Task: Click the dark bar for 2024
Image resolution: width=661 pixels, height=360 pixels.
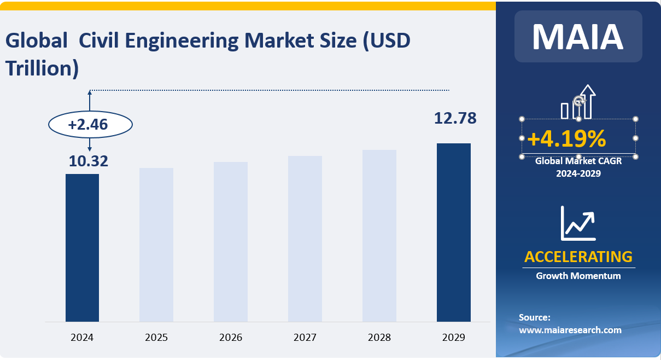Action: click(82, 247)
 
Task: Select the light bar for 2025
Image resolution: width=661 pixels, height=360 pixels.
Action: click(156, 245)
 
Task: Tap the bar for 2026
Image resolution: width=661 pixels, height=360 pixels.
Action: click(231, 241)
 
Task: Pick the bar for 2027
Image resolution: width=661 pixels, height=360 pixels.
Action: click(305, 239)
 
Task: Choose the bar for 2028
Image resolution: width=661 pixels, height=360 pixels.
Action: click(379, 235)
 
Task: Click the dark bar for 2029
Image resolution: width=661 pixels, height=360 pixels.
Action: click(454, 232)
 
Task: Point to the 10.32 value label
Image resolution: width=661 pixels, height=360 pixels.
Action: click(89, 161)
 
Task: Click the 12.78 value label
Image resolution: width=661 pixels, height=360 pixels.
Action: click(455, 118)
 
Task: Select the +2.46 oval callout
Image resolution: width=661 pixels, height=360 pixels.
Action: click(91, 125)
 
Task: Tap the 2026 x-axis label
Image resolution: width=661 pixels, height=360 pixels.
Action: click(231, 338)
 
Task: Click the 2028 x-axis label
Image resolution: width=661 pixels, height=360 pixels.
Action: click(379, 338)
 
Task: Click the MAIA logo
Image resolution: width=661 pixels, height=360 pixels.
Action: click(578, 37)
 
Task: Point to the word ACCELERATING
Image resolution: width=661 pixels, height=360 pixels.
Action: click(578, 257)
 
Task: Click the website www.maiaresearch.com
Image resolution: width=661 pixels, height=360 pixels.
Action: click(570, 330)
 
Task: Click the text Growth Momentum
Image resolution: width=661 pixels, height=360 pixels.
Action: click(578, 276)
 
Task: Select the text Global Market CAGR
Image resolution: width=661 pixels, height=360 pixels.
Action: click(578, 161)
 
